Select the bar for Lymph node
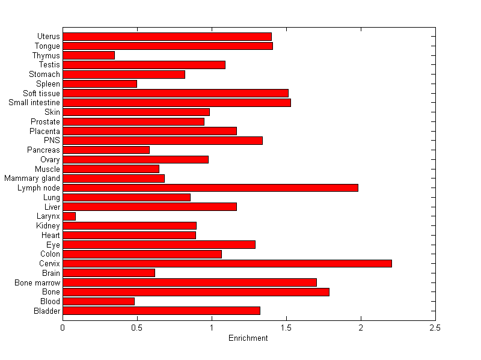click(x=210, y=188)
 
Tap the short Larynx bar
click(x=69, y=216)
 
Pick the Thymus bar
click(x=88, y=55)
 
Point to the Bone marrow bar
click(x=189, y=282)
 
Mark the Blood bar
click(x=99, y=301)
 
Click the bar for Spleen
click(x=100, y=84)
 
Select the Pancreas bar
click(x=106, y=150)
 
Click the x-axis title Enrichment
click(x=248, y=338)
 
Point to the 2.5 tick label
click(x=435, y=328)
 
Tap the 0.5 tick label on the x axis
click(x=137, y=328)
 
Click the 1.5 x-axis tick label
click(x=286, y=328)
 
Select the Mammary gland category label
click(x=32, y=178)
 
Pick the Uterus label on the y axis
click(x=48, y=37)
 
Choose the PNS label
click(x=52, y=141)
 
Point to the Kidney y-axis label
click(x=48, y=226)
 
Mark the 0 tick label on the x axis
click(x=63, y=328)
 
